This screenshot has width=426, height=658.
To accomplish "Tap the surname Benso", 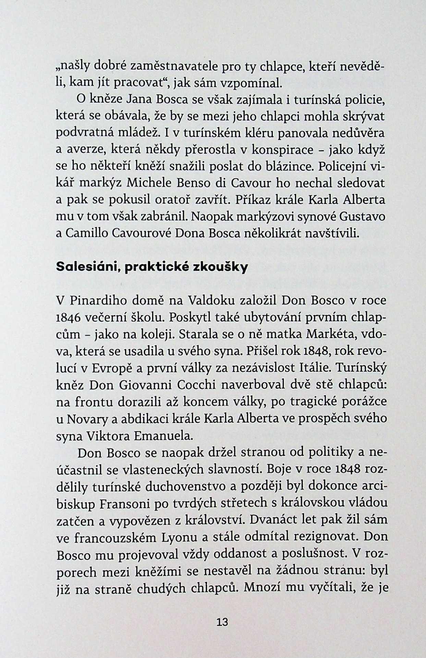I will click(193, 183).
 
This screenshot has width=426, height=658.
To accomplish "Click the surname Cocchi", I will click(197, 385).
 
